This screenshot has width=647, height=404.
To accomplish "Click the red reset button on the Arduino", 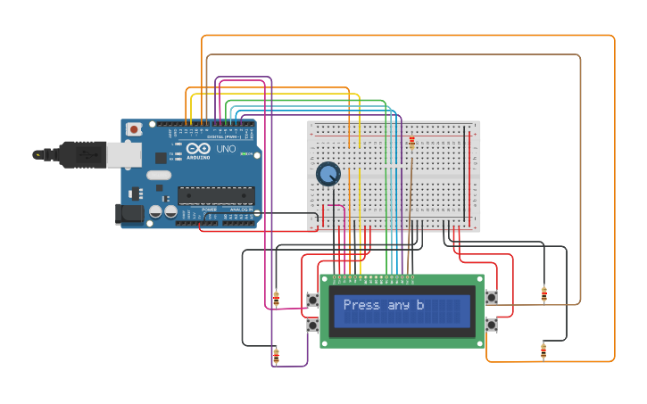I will pyautogui.click(x=134, y=129).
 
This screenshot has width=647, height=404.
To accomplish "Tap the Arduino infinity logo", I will pyautogui.click(x=198, y=149).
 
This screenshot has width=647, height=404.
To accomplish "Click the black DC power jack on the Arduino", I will pyautogui.click(x=129, y=214).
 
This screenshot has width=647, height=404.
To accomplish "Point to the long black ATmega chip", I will pyautogui.click(x=215, y=195).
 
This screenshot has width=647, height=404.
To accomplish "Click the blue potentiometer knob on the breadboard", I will pyautogui.click(x=328, y=173).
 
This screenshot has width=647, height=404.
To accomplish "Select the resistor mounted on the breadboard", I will pyautogui.click(x=411, y=141).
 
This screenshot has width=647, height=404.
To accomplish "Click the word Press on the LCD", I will pyautogui.click(x=361, y=305).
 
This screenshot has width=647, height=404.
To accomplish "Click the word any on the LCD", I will pyautogui.click(x=398, y=305).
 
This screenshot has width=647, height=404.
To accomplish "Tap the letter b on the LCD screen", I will pyautogui.click(x=420, y=305).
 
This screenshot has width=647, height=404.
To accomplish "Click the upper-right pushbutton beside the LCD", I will pyautogui.click(x=491, y=297).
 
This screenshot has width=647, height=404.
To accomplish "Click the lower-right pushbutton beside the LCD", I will pyautogui.click(x=491, y=325).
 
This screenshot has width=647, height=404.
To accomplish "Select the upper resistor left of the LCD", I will pyautogui.click(x=276, y=298).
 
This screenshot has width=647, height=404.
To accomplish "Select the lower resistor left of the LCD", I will pyautogui.click(x=276, y=356).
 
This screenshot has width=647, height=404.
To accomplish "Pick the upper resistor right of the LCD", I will pyautogui.click(x=543, y=293).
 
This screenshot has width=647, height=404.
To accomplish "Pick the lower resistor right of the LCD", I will pyautogui.click(x=543, y=350).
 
